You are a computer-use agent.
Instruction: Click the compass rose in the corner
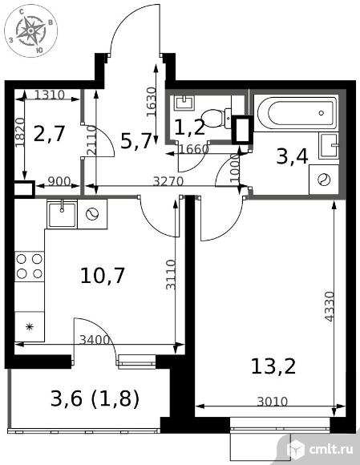pyautogui.click(x=30, y=30)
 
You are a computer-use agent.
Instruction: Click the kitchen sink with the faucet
pyautogui.click(x=62, y=213)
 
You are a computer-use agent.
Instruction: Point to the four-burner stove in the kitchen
pyautogui.click(x=30, y=266)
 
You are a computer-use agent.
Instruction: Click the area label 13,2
pyautogui.click(x=273, y=366)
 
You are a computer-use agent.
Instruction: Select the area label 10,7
pyautogui.click(x=103, y=276)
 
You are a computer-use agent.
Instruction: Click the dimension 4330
pyautogui.click(x=330, y=306)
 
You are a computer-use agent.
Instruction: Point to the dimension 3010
pyautogui.click(x=273, y=402)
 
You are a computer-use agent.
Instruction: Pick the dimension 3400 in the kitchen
pyautogui.click(x=95, y=340)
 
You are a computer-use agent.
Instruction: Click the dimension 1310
pyautogui.click(x=49, y=95)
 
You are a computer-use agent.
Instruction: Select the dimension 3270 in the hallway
pyautogui.click(x=168, y=181)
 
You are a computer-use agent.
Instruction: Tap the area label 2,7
pyautogui.click(x=49, y=134)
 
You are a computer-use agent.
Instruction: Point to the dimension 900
pyautogui.click(x=59, y=181)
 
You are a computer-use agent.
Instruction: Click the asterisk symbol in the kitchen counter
pyautogui.click(x=29, y=327)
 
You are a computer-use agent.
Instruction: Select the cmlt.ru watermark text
pyautogui.click(x=331, y=449)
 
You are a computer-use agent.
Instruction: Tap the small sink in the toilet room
pyautogui.click(x=184, y=103)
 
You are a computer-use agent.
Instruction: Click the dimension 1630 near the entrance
pyautogui.click(x=152, y=102)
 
